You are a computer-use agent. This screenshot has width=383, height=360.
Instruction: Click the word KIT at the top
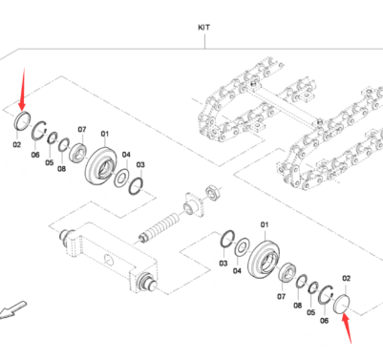[x=204, y=28]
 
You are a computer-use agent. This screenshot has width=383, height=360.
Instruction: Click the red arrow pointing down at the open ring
[x=22, y=89]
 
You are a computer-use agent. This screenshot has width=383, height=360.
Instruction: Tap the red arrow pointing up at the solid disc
[x=347, y=328]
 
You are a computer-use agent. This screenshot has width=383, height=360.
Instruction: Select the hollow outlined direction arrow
[x=12, y=310]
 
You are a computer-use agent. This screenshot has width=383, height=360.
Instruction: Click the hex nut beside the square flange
[x=211, y=191]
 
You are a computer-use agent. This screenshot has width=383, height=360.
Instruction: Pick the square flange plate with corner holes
[x=193, y=204]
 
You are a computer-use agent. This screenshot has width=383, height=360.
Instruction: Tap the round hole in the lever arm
[x=109, y=260]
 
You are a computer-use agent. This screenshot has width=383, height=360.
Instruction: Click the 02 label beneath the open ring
[x=17, y=145]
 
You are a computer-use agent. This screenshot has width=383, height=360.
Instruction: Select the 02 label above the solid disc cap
[x=346, y=279]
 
